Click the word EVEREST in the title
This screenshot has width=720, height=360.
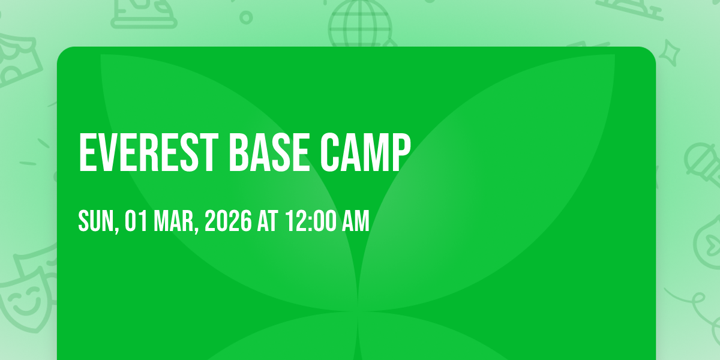tap(149, 152)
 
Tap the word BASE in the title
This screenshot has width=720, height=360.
tap(269, 152)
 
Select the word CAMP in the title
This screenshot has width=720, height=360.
tap(365, 152)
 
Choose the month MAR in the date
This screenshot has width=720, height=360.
tap(174, 221)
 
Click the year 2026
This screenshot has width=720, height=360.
tap(228, 221)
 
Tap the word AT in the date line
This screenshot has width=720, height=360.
tap(268, 221)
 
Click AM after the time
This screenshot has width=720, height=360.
tap(356, 221)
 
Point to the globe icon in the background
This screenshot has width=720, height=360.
tap(360, 23)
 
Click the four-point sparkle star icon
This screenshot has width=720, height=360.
tap(669, 53)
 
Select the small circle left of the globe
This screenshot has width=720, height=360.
tap(246, 17)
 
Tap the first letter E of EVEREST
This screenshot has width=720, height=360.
tap(88, 152)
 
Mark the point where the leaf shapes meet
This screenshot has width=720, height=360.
tap(358, 311)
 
